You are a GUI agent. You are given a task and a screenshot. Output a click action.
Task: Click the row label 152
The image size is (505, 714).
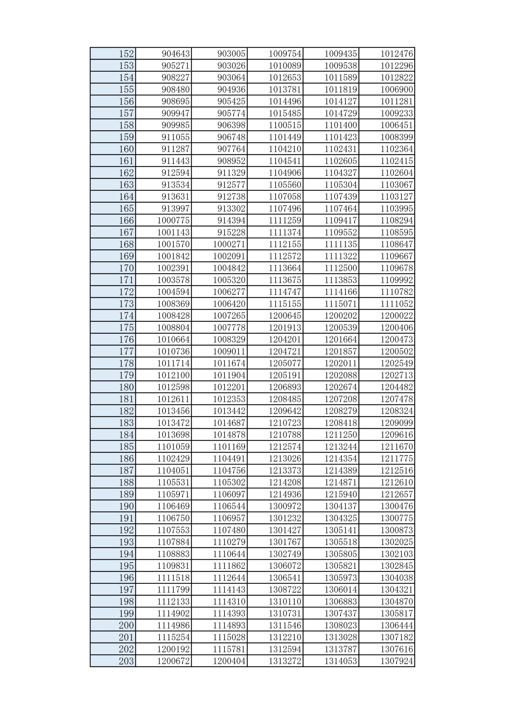(126, 54)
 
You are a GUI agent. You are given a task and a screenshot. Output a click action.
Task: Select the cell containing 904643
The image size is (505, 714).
(175, 54)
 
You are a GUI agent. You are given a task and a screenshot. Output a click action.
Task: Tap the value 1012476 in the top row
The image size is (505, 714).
(396, 54)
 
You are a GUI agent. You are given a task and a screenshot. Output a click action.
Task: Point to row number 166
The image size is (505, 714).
(126, 221)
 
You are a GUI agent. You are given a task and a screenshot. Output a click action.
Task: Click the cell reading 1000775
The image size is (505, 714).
(173, 221)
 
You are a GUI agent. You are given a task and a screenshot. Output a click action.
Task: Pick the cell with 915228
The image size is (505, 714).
(231, 232)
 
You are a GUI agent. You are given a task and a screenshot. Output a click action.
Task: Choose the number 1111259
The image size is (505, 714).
(285, 221)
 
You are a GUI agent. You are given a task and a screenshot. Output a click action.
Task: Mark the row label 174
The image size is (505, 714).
(126, 316)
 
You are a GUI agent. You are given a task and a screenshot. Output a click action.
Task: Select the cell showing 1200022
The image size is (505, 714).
(396, 316)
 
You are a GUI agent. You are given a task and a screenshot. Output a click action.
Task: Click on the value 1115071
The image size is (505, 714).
(341, 304)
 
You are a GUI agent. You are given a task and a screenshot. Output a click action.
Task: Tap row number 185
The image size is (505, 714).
(126, 447)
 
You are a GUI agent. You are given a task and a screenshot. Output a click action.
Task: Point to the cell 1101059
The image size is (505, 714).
(173, 447)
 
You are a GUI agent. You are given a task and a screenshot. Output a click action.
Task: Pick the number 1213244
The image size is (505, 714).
(341, 447)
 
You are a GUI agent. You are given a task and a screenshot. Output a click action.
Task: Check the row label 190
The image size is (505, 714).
(126, 506)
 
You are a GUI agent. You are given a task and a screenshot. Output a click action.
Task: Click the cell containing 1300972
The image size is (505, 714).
(285, 506)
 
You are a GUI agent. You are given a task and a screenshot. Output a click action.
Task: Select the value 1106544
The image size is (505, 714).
(229, 506)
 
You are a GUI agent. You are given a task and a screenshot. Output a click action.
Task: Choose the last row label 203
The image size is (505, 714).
(126, 661)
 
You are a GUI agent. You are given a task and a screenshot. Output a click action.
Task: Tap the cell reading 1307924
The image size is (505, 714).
(396, 661)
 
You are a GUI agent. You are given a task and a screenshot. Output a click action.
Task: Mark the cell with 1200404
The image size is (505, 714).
(229, 661)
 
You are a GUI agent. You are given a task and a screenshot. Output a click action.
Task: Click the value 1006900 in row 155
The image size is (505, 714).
(396, 90)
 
